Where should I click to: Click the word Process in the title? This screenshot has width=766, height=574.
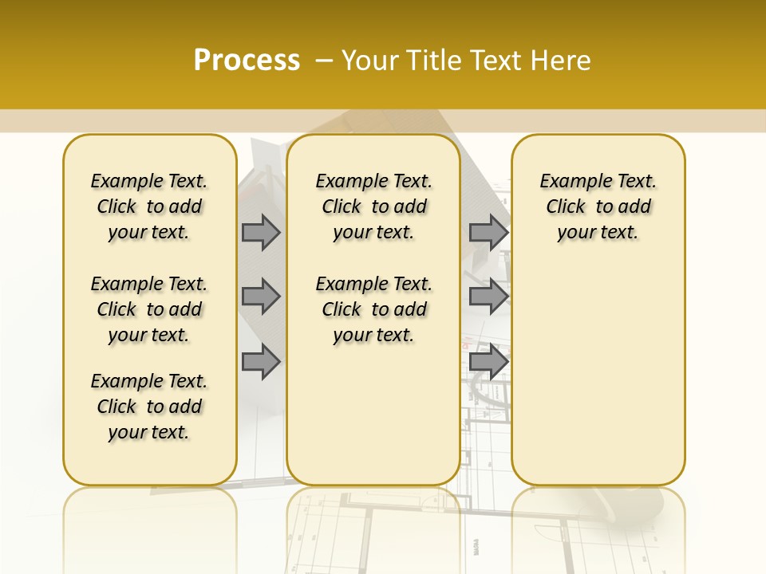247,60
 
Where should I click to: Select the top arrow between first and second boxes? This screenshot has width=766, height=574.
261,233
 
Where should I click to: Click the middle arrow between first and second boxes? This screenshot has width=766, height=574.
261,297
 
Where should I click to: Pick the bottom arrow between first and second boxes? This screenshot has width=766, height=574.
261,361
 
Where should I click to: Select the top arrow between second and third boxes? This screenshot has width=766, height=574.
488,233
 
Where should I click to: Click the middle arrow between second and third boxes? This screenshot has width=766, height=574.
488,297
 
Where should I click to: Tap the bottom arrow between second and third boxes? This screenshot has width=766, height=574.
488,361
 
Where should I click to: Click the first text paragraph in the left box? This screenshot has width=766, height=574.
149,206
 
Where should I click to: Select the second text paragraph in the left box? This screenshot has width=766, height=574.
149,309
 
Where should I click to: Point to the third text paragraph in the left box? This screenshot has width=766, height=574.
149,407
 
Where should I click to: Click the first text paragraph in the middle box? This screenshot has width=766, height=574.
373,206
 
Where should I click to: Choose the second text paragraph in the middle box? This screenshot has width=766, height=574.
373,309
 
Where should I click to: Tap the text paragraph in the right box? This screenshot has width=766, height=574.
598,206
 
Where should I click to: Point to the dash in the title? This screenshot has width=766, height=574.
323,61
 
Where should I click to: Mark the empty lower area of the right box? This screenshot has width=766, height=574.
598,367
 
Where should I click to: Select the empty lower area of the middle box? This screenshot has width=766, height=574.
373,415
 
